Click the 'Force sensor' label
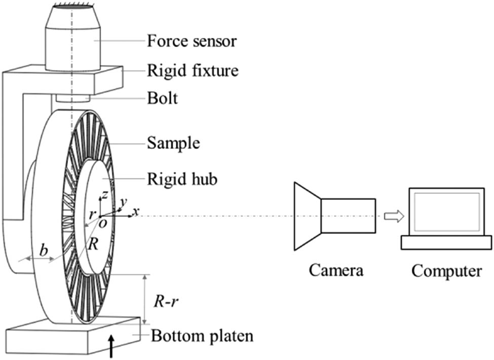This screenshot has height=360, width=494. (192, 41)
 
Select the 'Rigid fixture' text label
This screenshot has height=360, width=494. (193, 70)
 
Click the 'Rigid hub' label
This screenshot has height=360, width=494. (182, 179)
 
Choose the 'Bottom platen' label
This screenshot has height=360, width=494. (202, 336)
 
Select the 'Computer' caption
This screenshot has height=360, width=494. (446, 270)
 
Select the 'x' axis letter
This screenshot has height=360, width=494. (135, 212)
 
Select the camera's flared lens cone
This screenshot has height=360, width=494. (308, 216)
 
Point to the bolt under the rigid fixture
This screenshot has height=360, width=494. (72, 97)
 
